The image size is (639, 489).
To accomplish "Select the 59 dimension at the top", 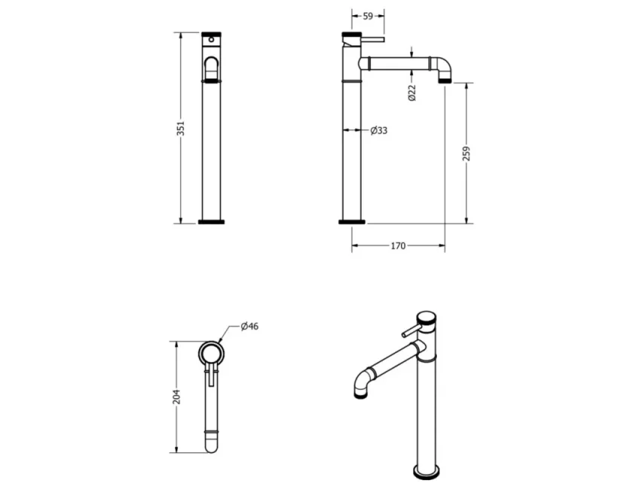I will point(368,16).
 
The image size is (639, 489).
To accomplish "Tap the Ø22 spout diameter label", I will point(411,93).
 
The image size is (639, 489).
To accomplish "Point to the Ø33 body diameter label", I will point(379,131).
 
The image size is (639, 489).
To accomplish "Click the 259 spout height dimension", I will point(466,153).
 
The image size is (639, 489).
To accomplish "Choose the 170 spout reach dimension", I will point(398,246).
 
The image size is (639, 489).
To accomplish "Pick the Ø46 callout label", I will point(250,327).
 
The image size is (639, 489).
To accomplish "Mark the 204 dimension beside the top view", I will point(176,396).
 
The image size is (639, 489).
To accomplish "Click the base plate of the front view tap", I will point(212,222).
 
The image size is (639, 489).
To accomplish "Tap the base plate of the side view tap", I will point(352,222).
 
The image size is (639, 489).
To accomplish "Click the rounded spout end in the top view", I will point(212,448).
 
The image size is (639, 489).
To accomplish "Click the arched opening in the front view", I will point(212,68).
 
